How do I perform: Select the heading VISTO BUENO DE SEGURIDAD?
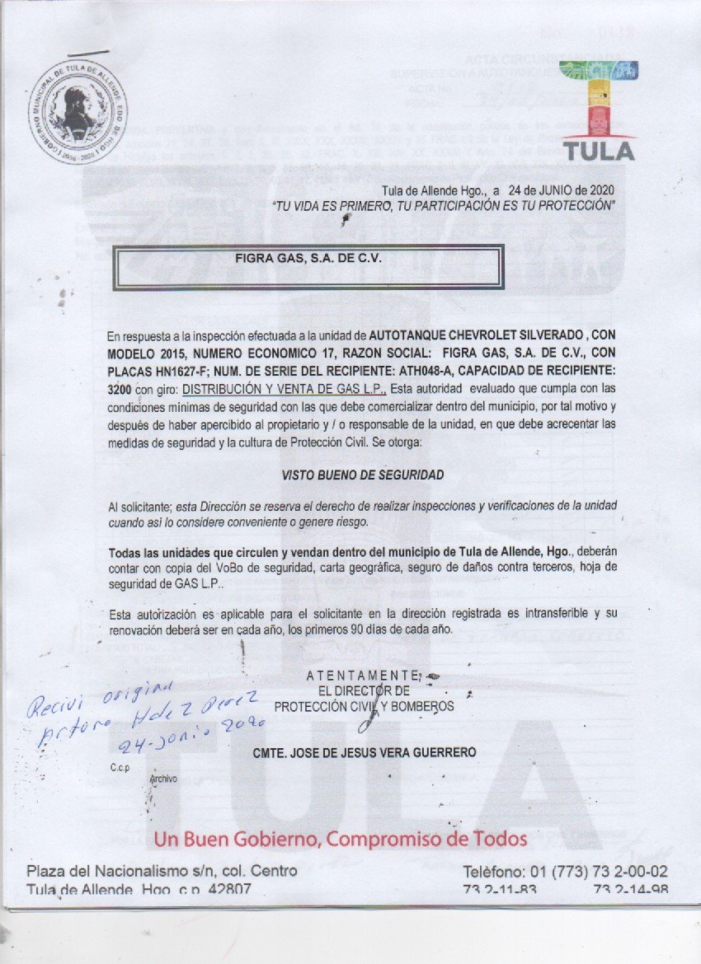click(x=362, y=475)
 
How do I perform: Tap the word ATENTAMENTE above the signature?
click(x=363, y=676)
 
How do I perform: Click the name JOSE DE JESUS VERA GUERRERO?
click(x=364, y=752)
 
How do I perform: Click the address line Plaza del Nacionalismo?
click(x=162, y=871)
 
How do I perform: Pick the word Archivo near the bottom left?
click(x=163, y=778)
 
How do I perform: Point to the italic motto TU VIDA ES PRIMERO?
click(x=443, y=205)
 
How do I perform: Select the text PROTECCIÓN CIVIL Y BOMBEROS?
click(x=363, y=706)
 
